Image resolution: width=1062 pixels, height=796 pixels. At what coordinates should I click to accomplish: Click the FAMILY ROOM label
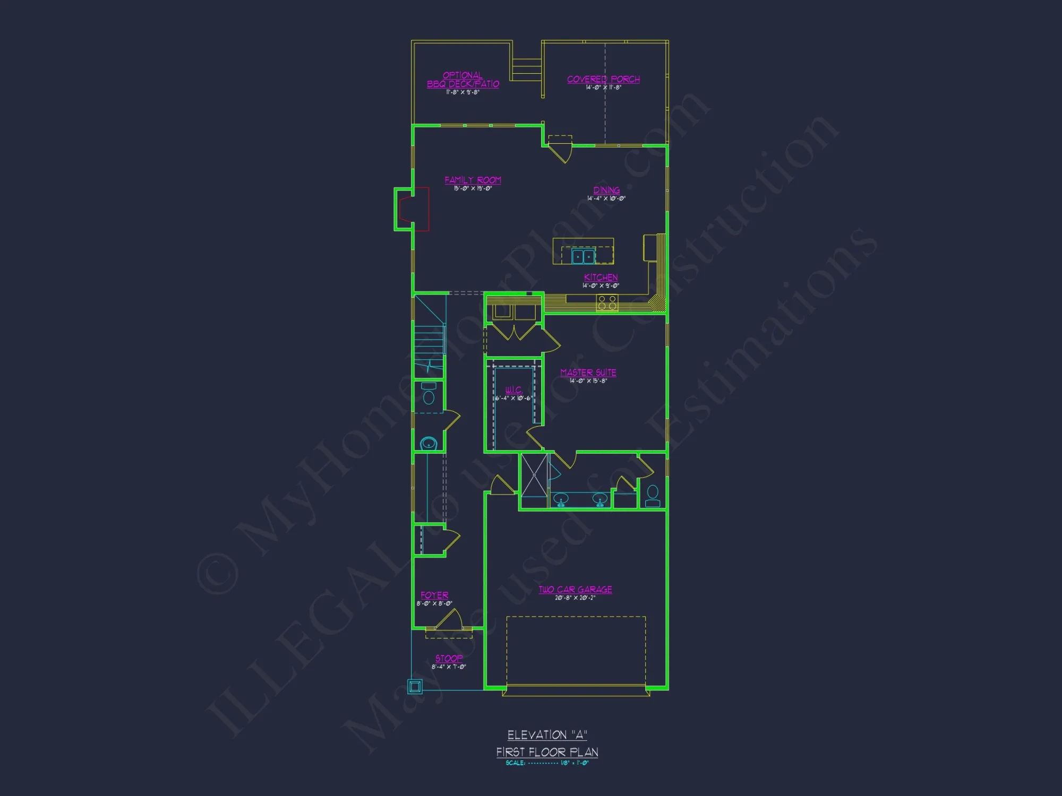point(473,180)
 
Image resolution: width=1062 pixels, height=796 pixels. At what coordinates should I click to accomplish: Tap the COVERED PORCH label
point(603,80)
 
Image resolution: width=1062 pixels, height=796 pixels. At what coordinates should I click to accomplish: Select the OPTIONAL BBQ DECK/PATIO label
point(463,80)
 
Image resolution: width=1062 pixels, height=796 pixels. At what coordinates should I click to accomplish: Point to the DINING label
point(606,191)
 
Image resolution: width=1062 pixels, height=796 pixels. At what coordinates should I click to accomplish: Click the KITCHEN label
point(601,278)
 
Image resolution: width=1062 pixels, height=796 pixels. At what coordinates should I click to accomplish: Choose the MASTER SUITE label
point(588,373)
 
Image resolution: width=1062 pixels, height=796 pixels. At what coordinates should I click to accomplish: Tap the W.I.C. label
point(513,390)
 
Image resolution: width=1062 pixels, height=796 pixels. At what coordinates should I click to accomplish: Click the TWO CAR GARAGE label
point(575,590)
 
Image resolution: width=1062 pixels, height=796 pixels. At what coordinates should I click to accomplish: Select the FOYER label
point(434,595)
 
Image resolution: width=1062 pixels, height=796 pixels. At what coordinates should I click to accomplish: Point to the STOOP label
point(449,659)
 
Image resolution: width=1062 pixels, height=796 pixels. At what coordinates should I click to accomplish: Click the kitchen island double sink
point(583,257)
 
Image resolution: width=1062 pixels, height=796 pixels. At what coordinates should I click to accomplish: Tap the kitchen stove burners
point(607,303)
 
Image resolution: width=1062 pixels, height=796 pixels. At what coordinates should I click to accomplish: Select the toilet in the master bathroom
point(653,496)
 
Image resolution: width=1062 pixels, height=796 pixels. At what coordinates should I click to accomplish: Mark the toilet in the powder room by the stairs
point(429,395)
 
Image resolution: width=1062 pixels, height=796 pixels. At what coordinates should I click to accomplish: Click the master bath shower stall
point(534,475)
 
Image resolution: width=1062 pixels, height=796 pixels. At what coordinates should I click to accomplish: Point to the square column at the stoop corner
point(415,686)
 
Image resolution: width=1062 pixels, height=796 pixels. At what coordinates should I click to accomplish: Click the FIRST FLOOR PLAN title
point(547,752)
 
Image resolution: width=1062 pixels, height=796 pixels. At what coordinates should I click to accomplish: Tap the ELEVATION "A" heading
point(547,735)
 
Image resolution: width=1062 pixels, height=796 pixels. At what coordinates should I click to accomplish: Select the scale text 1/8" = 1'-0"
point(575,763)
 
